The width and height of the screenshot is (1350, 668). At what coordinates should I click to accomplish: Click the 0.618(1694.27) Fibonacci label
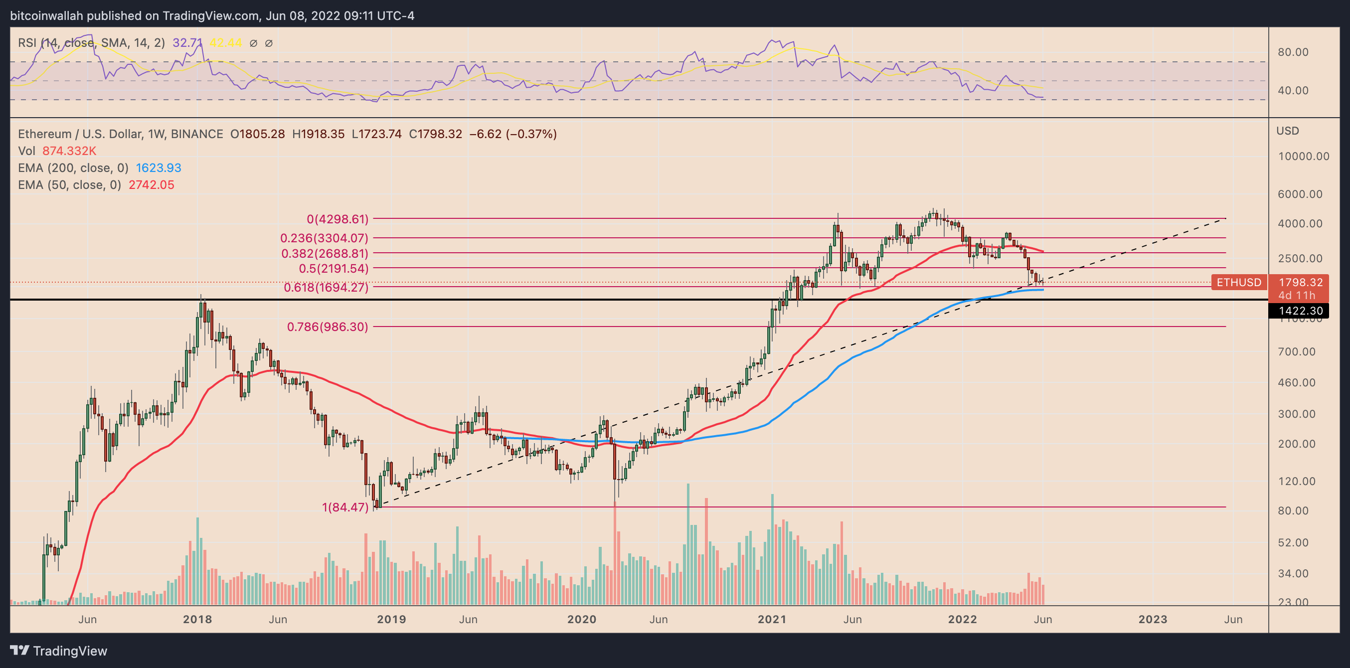coord(326,287)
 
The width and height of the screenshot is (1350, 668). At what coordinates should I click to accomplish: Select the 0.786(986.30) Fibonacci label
coord(328,327)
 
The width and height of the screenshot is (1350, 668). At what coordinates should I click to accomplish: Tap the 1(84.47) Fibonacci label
coord(345,507)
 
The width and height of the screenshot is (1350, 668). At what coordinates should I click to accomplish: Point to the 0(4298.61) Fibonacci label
coord(337,219)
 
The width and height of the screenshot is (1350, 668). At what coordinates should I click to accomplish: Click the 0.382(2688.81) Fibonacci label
coord(325,254)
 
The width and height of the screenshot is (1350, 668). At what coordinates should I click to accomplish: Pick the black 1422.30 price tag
coord(1300,311)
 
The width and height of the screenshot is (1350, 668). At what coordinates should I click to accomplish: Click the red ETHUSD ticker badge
coord(1238,282)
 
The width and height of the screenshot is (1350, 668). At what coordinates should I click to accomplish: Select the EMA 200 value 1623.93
coord(158,167)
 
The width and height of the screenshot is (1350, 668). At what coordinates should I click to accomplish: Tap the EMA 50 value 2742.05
coord(152,185)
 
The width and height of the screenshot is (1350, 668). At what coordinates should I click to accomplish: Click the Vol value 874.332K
coord(69,151)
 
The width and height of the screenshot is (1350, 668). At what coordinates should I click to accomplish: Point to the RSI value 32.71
coord(187,43)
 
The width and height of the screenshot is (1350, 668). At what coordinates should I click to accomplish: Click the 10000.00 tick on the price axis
coord(1303,156)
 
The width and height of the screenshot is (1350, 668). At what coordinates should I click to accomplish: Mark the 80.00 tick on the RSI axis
coord(1293,52)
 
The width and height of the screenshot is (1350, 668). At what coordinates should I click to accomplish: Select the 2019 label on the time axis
coord(391,619)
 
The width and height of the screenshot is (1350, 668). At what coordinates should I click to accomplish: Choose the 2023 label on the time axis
coord(1153,619)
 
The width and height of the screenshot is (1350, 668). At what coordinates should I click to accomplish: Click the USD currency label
coord(1288,131)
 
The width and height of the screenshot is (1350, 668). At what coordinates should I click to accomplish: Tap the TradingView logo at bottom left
coord(59,651)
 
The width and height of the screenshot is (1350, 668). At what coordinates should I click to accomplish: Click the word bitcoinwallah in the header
coord(47,16)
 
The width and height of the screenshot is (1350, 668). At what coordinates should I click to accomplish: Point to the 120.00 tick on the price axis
coord(1296,481)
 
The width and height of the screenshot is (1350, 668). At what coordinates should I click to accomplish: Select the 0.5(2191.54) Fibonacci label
coord(334,269)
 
